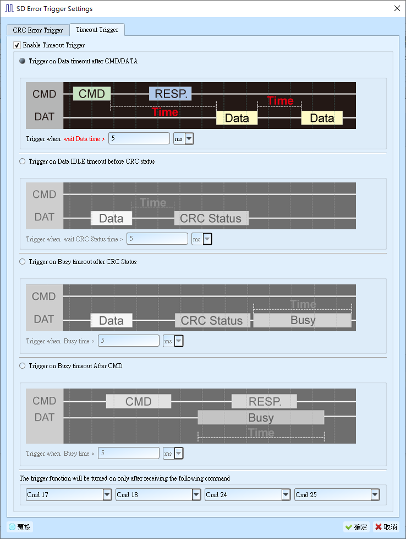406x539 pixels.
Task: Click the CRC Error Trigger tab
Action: point(38,30)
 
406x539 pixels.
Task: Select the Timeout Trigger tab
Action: point(97,30)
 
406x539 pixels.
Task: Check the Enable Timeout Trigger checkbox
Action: point(17,45)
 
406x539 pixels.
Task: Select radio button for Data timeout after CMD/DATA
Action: point(23,61)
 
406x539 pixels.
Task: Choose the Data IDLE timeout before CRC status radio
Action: point(23,161)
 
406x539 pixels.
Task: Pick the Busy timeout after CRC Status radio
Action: point(23,262)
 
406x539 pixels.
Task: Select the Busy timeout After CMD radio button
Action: point(23,366)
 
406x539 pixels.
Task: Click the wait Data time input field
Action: point(139,138)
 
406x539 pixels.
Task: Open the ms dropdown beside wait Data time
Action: point(189,139)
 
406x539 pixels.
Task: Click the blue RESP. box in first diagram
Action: point(170,94)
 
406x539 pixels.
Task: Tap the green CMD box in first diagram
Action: point(92,94)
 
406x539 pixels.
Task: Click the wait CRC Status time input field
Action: point(157,239)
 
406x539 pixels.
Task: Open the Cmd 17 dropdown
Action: point(107,495)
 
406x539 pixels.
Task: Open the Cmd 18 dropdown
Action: point(196,495)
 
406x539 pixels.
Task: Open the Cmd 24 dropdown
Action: point(286,495)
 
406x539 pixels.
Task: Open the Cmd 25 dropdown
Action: point(375,495)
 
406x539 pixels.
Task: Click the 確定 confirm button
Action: point(356,527)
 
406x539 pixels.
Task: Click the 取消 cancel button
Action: point(386,527)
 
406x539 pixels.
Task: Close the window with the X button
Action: point(397,8)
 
